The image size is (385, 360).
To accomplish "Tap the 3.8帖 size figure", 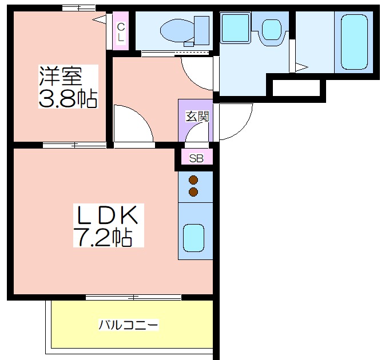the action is click(68, 99).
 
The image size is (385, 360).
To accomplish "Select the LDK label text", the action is click(108, 215).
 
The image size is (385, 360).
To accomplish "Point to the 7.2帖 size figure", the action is click(102, 237).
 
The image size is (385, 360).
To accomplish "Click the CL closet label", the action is click(121, 31).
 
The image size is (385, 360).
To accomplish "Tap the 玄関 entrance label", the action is click(197, 116).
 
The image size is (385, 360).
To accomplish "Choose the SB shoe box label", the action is click(196, 158).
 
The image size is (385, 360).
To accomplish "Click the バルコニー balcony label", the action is click(128, 325).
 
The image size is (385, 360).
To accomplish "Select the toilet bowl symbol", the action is click(177, 31).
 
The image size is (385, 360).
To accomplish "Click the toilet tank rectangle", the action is click(201, 30).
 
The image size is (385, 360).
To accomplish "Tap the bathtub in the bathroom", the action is click(354, 42).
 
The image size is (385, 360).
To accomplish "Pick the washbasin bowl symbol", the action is click(271, 30).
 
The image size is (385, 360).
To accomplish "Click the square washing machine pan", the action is click(235, 27).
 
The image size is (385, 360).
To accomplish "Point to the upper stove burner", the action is click(193, 180).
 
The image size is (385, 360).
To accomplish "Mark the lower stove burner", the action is click(193, 192).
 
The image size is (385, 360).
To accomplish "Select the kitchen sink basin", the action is click(193, 238).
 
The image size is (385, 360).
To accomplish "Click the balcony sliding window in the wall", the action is click(133, 298).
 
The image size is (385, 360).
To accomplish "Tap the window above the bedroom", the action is click(78, 8).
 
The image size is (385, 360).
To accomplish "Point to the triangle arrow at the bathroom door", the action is click(301, 67).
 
